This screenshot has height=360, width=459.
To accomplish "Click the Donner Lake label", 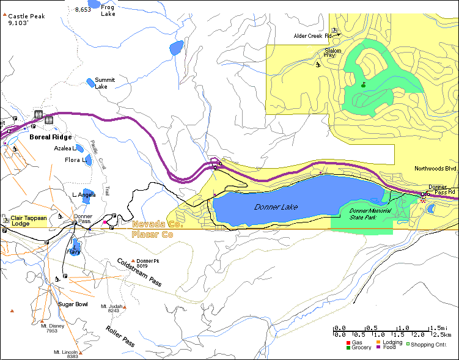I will [x=276, y=207].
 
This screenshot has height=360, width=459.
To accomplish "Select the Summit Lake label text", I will [x=105, y=83].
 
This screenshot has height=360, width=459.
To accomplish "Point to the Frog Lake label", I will [x=108, y=10].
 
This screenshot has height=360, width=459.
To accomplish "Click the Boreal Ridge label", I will [x=51, y=138].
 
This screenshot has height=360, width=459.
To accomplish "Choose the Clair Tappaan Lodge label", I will [x=29, y=221].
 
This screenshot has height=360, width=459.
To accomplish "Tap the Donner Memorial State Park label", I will [x=369, y=213].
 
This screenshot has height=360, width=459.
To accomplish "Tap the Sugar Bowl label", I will [x=73, y=304].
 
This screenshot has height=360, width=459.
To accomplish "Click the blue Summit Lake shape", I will [x=90, y=81].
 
